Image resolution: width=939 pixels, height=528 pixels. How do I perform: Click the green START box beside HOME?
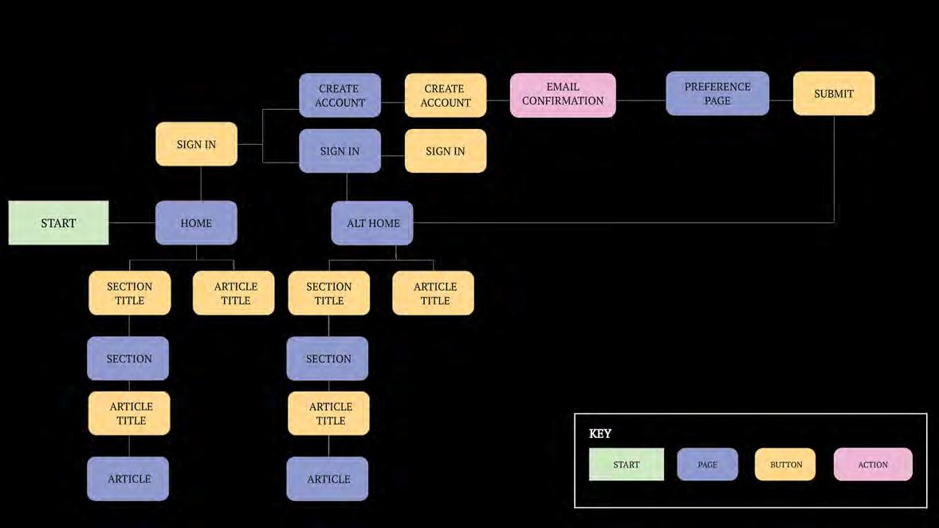coord(58,223)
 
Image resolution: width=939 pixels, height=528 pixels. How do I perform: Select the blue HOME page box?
coord(196,223)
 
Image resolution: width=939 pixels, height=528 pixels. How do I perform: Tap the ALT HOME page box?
coord(372,223)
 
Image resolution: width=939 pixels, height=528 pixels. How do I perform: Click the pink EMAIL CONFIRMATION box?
coord(563,95)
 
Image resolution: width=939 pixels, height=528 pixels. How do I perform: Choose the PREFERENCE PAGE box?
coord(717,94)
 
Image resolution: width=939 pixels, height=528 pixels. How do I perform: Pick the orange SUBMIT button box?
coord(834,94)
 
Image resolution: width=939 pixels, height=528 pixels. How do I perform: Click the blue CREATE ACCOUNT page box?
coord(340,96)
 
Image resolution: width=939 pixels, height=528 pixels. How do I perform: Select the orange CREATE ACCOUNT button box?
coord(446,96)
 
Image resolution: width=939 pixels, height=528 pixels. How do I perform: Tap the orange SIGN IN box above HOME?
coord(196,144)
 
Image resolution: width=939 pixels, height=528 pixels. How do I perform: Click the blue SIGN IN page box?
coord(340,151)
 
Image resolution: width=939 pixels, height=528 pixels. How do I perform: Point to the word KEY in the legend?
coord(600,434)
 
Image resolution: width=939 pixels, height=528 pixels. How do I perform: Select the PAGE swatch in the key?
coord(707,464)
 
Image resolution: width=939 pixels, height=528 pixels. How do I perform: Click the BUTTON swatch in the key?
coord(785,464)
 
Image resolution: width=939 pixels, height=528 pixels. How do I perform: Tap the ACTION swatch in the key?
coord(873,464)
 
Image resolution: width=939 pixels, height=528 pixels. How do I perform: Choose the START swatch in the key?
coord(627,464)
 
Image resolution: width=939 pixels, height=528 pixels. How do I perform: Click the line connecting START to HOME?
coord(132,222)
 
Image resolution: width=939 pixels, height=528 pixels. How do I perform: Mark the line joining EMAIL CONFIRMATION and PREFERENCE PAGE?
coord(641,100)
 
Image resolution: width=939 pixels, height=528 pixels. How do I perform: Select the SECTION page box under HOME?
coord(128,358)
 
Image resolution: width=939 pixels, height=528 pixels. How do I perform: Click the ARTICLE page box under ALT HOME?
coord(328,479)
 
